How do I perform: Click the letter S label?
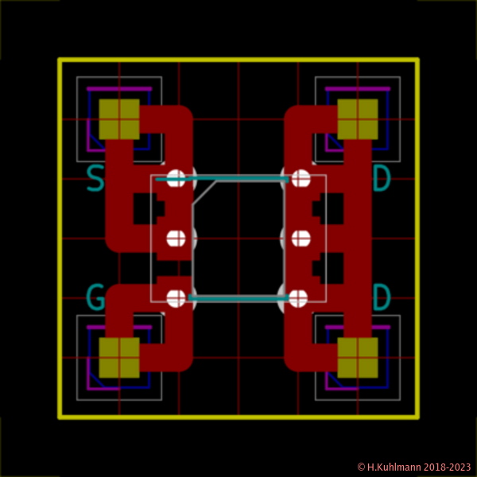pos(95,179)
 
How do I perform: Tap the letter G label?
pos(95,299)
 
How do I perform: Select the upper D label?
pos(382,179)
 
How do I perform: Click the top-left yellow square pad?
pos(119,119)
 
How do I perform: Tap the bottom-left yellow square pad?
pos(119,358)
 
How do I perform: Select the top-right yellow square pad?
pos(358,119)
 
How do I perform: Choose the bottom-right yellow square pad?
pos(358,358)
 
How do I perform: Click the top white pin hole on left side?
pos(177,178)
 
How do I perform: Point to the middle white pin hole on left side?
pos(177,238)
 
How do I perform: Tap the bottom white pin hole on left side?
pos(177,298)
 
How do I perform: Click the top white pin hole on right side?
pos(301,178)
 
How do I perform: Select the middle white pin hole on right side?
pos(301,238)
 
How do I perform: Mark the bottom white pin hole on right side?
pos(298,298)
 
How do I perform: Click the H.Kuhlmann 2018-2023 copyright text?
pos(413,467)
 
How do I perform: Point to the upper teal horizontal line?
pos(238,180)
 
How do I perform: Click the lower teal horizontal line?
pos(238,299)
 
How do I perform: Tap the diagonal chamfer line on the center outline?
pos(204,192)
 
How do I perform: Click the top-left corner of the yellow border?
pos(60,60)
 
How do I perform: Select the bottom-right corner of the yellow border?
pos(417,416)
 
